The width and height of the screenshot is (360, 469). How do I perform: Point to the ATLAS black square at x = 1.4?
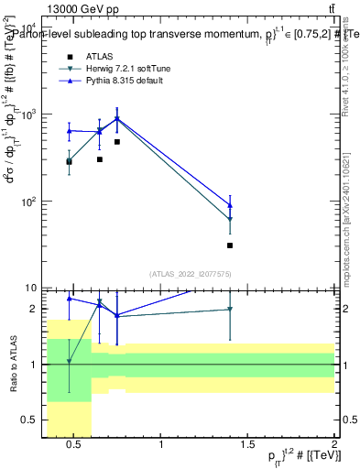pyautogui.click(x=230, y=245)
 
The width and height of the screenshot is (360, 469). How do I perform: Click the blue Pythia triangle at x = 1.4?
pyautogui.click(x=230, y=205)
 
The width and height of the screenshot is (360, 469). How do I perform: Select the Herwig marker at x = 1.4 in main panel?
pyautogui.click(x=230, y=220)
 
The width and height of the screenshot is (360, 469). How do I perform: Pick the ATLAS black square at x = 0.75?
pyautogui.click(x=117, y=142)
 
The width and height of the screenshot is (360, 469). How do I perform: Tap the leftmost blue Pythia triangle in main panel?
pyautogui.click(x=69, y=131)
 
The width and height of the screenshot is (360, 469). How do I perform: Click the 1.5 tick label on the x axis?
pyautogui.click(x=247, y=445)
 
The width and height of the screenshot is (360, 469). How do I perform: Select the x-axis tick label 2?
pyautogui.click(x=333, y=445)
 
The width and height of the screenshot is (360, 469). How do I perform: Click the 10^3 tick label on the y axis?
pyautogui.click(x=29, y=115)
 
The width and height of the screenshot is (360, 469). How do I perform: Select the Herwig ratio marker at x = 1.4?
pyautogui.click(x=230, y=310)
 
